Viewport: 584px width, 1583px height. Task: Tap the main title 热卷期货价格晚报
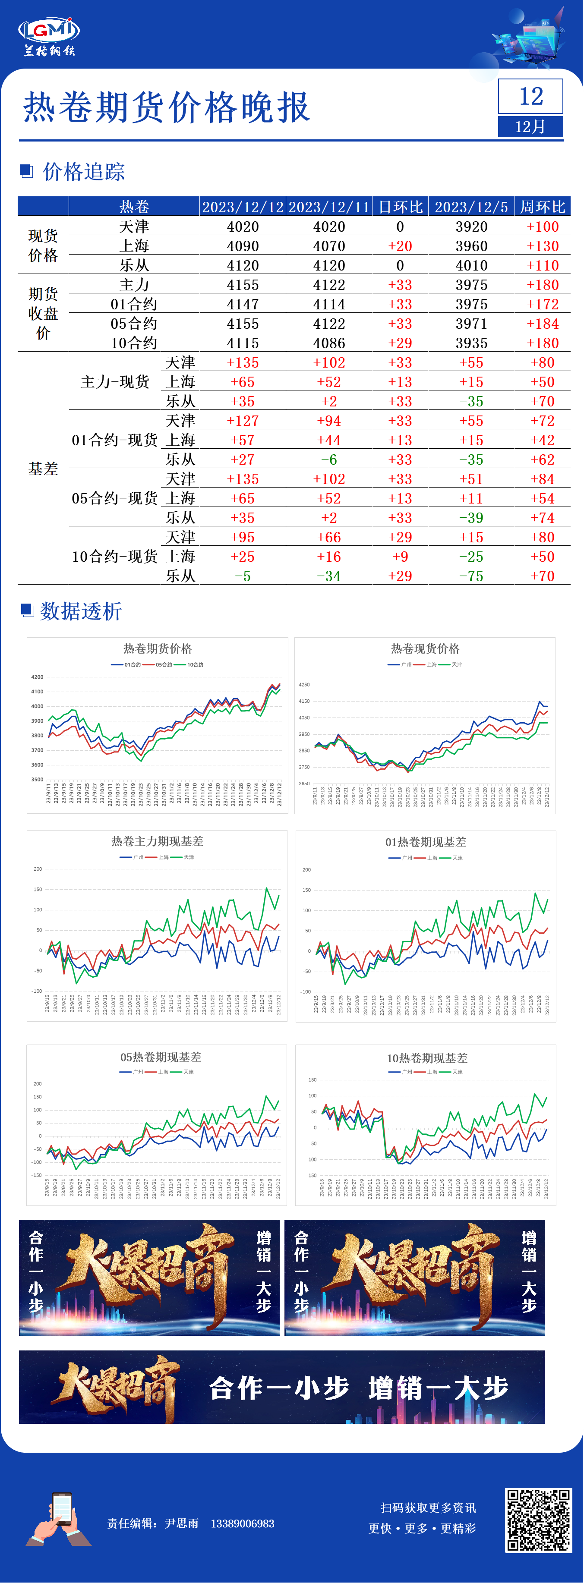(166, 107)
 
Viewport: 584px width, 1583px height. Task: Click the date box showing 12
(530, 97)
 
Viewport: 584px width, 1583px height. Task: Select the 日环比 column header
(400, 207)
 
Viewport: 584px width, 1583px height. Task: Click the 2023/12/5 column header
(471, 207)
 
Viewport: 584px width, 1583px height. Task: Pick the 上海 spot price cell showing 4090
(243, 246)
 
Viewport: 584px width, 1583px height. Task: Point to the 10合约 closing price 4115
(243, 343)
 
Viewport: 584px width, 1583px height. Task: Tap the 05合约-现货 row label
(115, 498)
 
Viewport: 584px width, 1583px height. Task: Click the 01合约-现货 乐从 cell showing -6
(329, 459)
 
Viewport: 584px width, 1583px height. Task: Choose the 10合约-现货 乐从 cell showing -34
(329, 576)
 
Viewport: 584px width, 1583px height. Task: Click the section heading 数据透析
(81, 611)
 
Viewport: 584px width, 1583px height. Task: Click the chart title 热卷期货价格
(158, 649)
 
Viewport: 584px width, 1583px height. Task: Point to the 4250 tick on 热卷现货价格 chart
(304, 685)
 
